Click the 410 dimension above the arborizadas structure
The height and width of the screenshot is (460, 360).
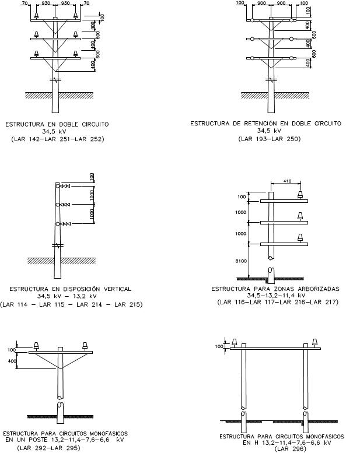click(x=287, y=181)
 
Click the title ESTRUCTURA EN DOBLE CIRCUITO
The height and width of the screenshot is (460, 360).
click(x=57, y=124)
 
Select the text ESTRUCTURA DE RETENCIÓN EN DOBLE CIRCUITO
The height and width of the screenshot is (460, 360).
click(x=265, y=124)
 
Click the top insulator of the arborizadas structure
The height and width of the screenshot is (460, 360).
click(x=300, y=195)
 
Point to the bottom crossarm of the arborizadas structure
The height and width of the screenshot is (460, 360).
click(x=284, y=244)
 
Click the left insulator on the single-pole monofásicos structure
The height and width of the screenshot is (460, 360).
click(x=36, y=346)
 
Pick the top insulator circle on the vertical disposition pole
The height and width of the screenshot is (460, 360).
click(x=58, y=186)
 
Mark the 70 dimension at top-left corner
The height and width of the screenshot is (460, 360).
click(x=25, y=3)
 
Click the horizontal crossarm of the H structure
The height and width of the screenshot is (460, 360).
click(x=275, y=348)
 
